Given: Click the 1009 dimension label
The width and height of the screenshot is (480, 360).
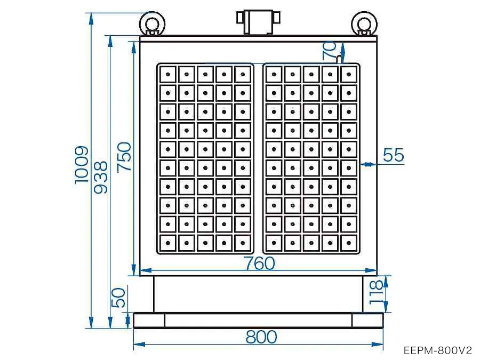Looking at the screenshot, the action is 82,165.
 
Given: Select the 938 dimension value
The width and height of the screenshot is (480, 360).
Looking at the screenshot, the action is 101,177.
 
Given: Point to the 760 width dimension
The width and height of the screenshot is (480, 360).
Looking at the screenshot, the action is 260,263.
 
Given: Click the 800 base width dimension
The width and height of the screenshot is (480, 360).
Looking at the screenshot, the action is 261,337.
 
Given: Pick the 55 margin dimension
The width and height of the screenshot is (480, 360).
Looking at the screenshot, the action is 394,155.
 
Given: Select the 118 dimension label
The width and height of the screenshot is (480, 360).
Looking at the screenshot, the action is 376,292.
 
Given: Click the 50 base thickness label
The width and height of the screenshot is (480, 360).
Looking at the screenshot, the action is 118,298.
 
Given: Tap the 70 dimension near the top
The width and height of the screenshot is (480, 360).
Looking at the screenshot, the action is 330,51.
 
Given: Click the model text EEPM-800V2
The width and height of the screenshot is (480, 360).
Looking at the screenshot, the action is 438,350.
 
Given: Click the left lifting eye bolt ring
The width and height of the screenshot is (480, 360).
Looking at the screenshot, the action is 152,23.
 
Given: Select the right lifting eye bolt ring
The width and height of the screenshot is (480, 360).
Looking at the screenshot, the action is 364,23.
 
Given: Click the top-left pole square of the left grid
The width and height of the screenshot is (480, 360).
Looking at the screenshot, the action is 168,74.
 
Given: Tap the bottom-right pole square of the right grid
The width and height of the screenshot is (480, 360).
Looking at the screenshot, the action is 349,243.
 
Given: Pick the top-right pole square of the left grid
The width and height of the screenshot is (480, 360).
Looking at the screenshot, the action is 243,74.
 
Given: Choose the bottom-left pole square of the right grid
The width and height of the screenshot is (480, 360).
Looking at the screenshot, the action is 274,243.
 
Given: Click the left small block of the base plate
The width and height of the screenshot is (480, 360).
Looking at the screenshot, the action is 149,320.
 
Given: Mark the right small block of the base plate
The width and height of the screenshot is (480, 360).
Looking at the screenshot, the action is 367,320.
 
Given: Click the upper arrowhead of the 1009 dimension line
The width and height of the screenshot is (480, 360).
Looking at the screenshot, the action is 91,18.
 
